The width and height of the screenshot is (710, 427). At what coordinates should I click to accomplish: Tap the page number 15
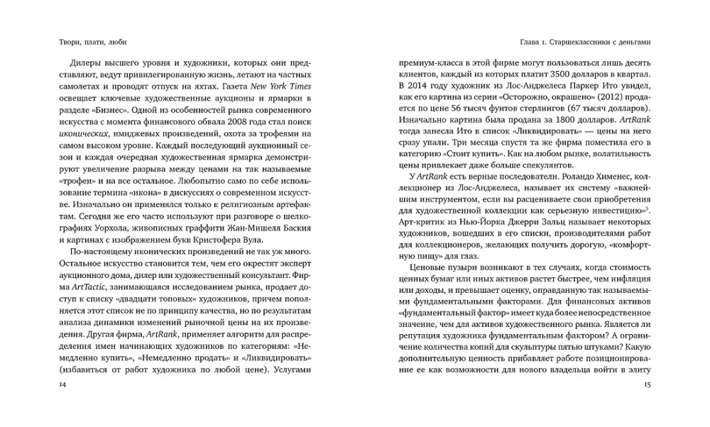(647, 384)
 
